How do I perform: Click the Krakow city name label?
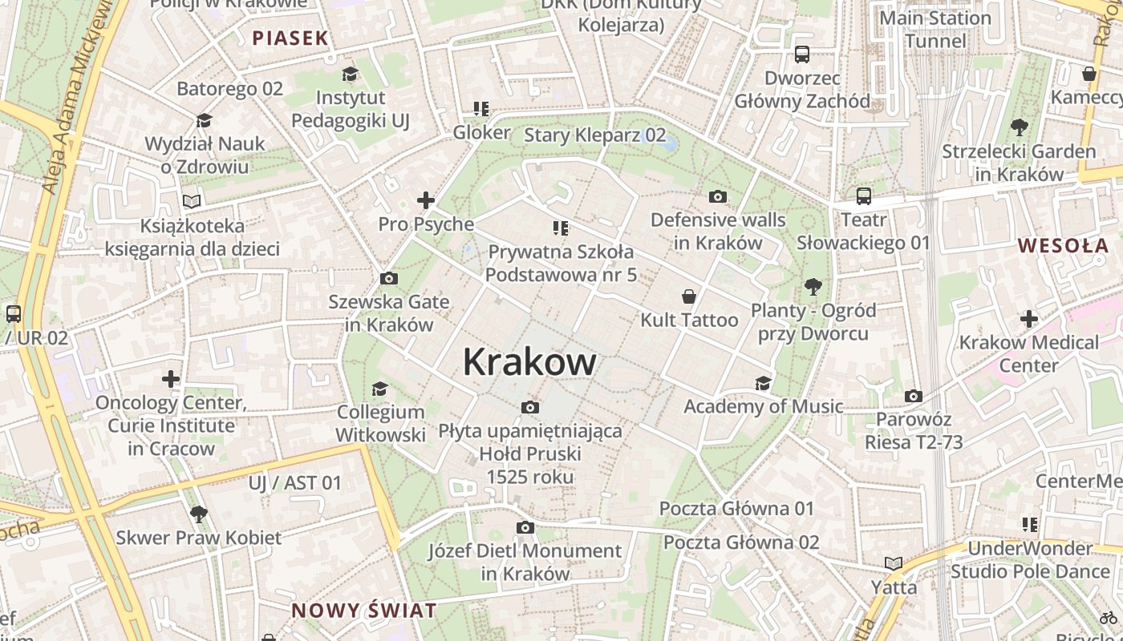click(529, 362)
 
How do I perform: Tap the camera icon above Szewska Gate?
click(389, 279)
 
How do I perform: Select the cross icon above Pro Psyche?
click(425, 200)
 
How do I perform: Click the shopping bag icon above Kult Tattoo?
click(688, 296)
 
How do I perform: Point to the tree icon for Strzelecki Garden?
click(1019, 127)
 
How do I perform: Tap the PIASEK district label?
click(290, 38)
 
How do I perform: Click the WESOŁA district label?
click(1063, 245)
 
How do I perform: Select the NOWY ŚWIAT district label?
click(364, 611)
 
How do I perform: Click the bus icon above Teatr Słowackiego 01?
click(863, 196)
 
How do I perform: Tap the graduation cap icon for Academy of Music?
click(763, 383)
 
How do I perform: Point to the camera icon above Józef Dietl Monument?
click(525, 527)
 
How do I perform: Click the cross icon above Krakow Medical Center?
click(1029, 319)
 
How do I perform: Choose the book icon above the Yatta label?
click(893, 563)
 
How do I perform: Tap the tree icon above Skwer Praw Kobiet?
click(198, 514)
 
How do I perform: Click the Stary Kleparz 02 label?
click(594, 135)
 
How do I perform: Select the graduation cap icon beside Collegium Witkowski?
click(379, 389)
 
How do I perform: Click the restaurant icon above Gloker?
click(481, 109)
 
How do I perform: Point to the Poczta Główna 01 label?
click(736, 508)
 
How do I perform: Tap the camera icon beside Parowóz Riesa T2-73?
click(913, 396)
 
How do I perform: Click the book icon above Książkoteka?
click(192, 201)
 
